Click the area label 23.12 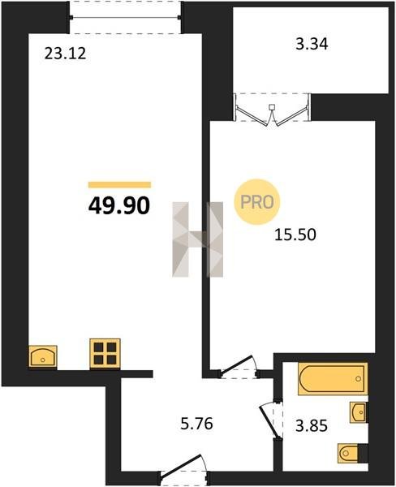coord(65,54)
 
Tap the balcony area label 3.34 coord(312,44)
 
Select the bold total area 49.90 coord(119,205)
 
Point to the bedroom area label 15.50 coord(295,235)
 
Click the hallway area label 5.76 coord(197,424)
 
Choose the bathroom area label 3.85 coord(312,426)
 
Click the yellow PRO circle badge coord(257,202)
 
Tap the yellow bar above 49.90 coord(119,185)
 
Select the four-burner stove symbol coord(105,353)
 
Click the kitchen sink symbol coord(43,356)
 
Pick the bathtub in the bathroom coord(333,378)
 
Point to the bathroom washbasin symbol coord(358,412)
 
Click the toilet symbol coord(348,454)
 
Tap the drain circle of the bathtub coord(359,378)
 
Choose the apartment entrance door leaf coord(181,464)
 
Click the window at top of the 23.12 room coord(125,17)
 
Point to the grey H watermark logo coord(198,239)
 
